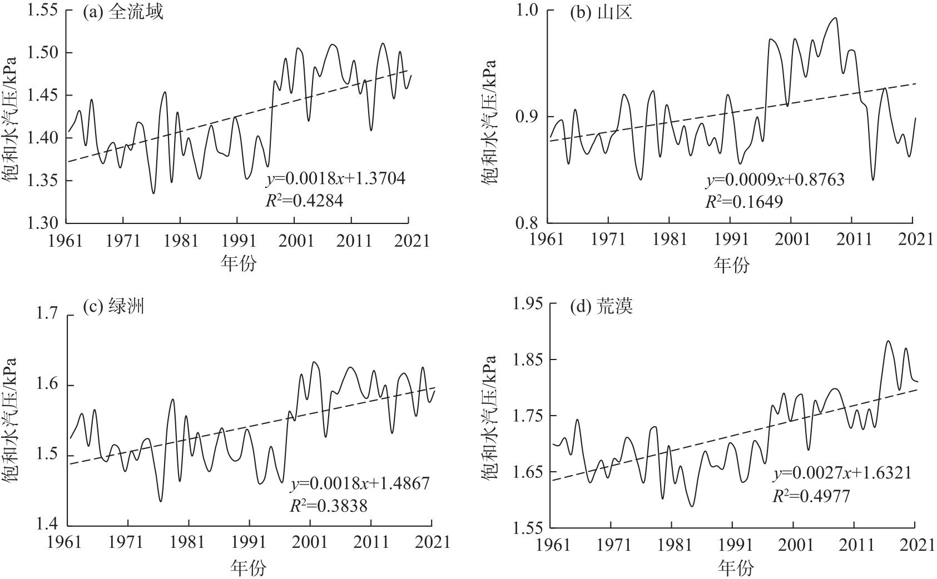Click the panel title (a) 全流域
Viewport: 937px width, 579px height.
(123, 12)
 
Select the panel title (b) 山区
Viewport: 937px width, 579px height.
(601, 12)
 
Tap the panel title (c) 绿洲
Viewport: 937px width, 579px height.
(113, 306)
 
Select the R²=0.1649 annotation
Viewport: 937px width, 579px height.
(744, 201)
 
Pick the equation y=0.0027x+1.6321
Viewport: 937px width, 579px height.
(842, 473)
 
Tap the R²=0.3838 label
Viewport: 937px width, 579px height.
(329, 505)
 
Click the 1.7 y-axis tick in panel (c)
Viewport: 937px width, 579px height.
(47, 315)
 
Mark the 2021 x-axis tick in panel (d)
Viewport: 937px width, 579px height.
(916, 546)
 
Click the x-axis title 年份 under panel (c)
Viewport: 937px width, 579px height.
(249, 567)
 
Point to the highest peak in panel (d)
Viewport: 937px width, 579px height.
(888, 341)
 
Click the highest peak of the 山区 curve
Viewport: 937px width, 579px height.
(835, 18)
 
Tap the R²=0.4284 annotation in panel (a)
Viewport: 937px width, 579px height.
(304, 201)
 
